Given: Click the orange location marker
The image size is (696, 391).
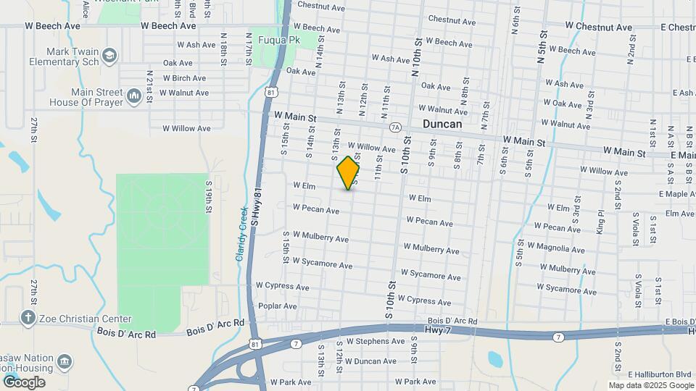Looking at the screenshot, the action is (349, 172).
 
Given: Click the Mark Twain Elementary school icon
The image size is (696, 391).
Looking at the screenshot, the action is (109, 55).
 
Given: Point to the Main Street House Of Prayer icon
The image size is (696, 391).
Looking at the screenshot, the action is (134, 96).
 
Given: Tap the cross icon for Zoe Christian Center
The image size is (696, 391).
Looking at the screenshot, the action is (28, 318).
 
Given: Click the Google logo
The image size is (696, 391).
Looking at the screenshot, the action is (24, 382).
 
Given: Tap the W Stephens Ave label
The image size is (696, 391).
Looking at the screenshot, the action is (375, 340).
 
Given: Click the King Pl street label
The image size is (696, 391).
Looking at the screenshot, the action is (600, 217).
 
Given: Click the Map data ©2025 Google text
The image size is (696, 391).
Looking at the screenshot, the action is (651, 384).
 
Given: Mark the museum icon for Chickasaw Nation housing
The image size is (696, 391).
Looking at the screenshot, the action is (64, 361).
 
